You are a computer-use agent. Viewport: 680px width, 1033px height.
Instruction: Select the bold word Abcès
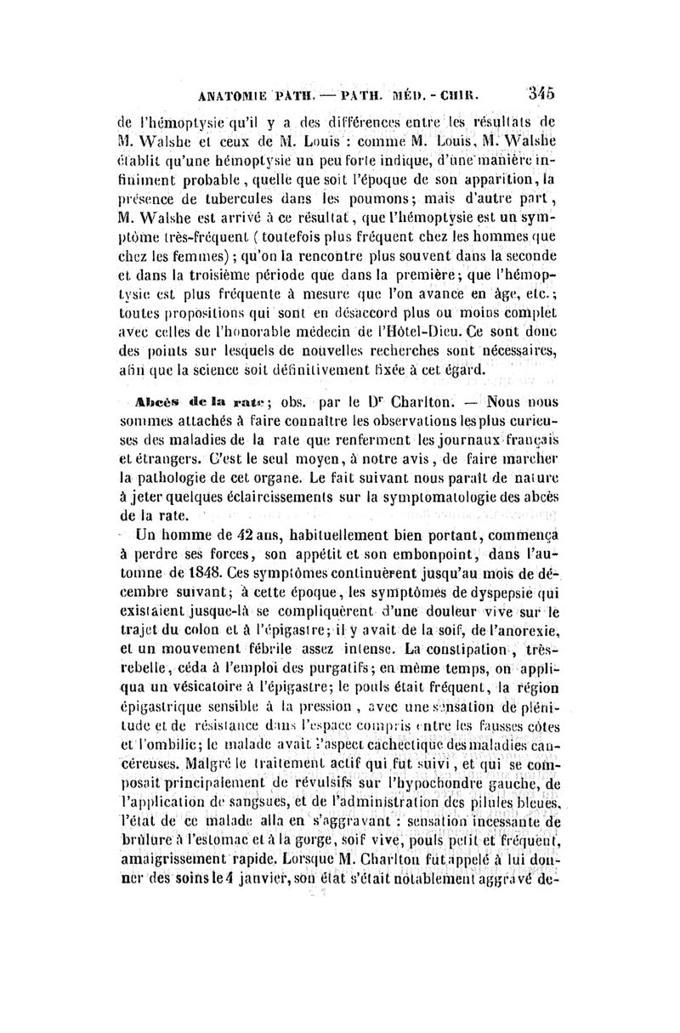pos(141,401)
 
